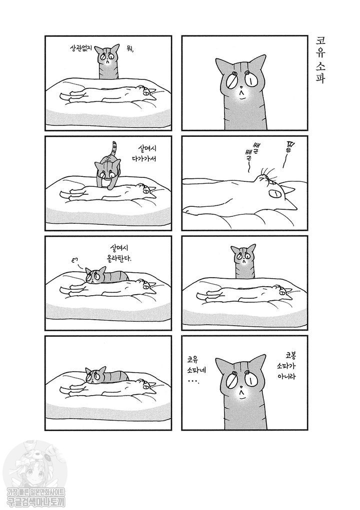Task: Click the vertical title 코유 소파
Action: [320, 60]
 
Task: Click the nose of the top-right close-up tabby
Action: [240, 87]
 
